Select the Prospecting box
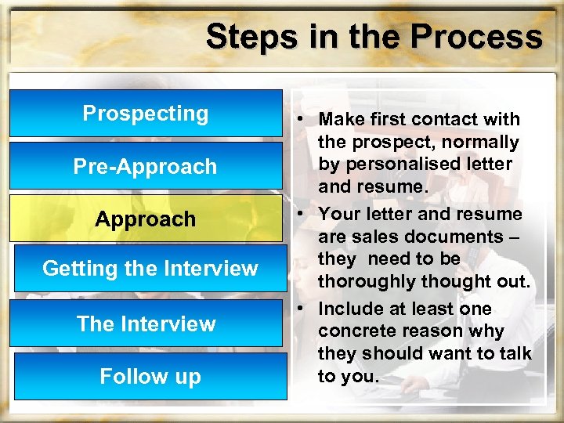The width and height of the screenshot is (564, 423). pyautogui.click(x=146, y=114)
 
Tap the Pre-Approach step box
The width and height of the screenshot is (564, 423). pyautogui.click(x=146, y=166)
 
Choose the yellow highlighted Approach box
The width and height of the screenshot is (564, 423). pyautogui.click(x=146, y=219)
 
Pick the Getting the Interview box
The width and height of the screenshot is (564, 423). pyautogui.click(x=150, y=269)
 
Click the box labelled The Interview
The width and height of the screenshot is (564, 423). pyautogui.click(x=146, y=324)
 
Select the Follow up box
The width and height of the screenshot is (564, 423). pyautogui.click(x=150, y=377)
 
